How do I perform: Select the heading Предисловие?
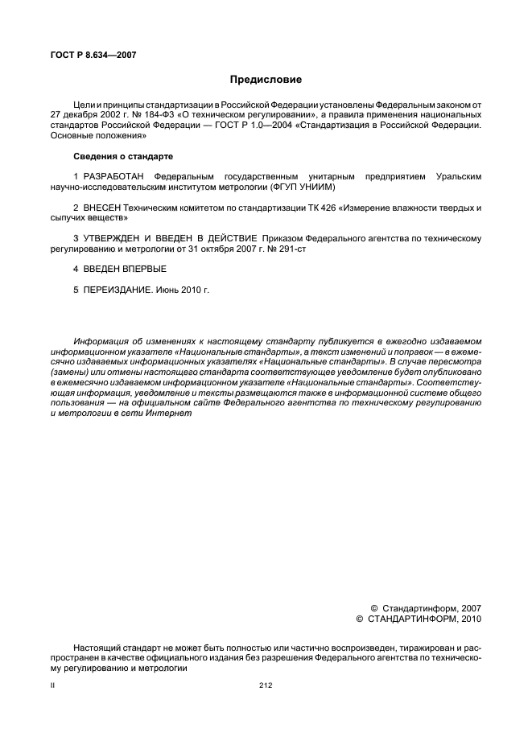265,80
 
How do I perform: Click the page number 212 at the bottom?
266,685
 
